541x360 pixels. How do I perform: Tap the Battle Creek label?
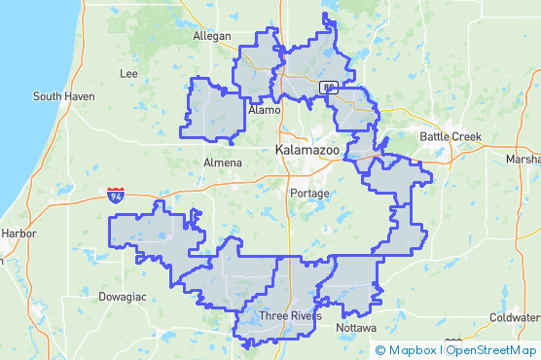pos(451,136)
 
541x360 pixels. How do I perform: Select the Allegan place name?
pos(212,36)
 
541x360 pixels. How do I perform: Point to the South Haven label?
pos(61,96)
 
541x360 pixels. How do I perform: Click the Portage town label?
pos(310,194)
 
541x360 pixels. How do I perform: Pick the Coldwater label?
pos(515,317)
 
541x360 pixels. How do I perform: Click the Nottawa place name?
pos(356,328)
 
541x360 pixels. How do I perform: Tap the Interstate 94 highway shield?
pos(116,196)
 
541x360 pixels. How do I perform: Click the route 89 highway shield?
pos(331,88)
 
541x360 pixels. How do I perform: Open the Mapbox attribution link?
pos(413,350)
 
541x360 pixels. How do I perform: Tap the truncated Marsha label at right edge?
pos(523,159)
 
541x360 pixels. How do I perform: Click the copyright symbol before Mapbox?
pos(380,350)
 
